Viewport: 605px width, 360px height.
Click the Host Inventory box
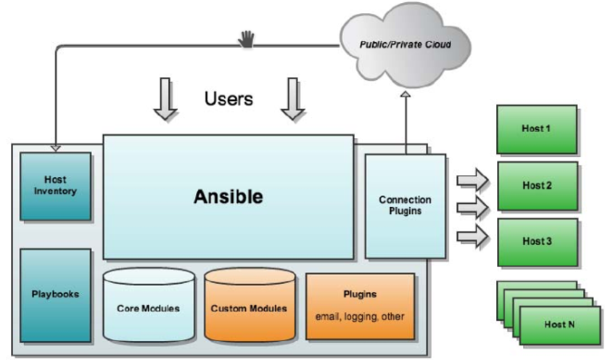(x=56, y=187)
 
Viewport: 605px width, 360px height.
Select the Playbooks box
(x=56, y=295)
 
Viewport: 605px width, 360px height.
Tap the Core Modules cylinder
(x=149, y=305)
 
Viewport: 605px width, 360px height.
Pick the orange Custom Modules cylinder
(x=250, y=305)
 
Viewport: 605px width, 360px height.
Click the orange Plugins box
(x=361, y=306)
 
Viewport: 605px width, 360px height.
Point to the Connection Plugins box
(x=406, y=206)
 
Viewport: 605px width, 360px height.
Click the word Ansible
(x=229, y=197)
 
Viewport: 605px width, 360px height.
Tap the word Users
(x=229, y=99)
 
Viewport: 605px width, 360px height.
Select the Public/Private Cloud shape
(x=405, y=44)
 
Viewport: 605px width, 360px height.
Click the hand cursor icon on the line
(x=246, y=39)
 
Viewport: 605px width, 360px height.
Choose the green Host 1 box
(x=537, y=129)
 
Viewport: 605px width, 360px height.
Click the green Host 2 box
(x=538, y=186)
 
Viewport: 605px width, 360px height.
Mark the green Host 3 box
(x=538, y=242)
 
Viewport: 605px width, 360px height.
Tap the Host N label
(x=559, y=324)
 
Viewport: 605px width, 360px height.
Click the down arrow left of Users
(x=165, y=99)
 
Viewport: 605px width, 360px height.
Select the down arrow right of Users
(x=293, y=99)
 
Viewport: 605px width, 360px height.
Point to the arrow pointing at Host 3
(x=473, y=236)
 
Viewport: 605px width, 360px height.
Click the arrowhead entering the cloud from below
(x=406, y=94)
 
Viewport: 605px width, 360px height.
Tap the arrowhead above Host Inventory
(x=56, y=149)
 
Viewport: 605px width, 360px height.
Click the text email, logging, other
(x=360, y=316)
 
